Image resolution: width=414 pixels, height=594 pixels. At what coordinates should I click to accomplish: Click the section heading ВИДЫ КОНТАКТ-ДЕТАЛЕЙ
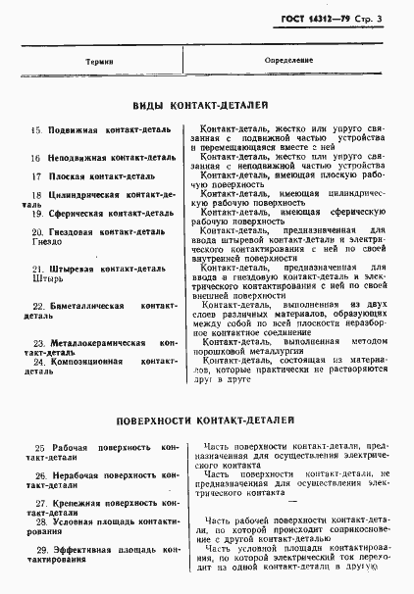click(x=200, y=105)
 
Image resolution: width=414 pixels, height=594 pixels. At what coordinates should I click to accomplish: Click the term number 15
click(x=36, y=129)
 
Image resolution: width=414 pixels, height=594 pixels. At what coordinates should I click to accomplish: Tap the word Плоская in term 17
click(x=67, y=176)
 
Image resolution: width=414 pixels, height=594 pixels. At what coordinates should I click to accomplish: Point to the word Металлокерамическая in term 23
click(x=96, y=343)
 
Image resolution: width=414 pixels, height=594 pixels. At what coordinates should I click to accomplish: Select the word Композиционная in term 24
click(x=86, y=362)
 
